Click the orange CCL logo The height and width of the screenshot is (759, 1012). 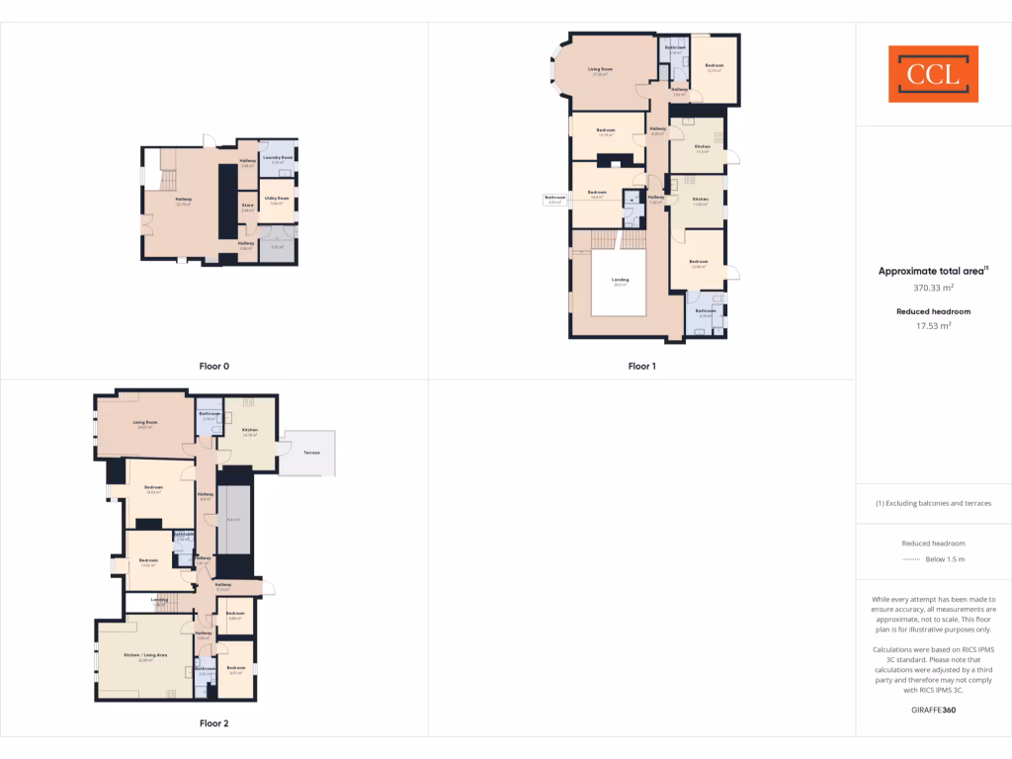tap(933, 74)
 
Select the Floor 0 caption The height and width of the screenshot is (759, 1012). tap(213, 367)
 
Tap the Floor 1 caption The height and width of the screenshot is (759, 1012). tap(641, 367)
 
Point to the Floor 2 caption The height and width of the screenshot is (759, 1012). tap(213, 723)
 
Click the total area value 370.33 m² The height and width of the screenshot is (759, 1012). tap(933, 288)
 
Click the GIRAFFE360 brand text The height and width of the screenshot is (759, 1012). tap(933, 710)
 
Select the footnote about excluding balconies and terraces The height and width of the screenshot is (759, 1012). tap(933, 503)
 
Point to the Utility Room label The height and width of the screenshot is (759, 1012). tap(277, 199)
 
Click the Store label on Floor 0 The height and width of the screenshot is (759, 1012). tap(248, 206)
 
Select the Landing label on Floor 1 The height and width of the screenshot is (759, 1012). tap(619, 280)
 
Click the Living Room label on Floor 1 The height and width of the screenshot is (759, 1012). tap(601, 69)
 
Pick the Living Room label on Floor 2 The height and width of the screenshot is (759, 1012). tap(145, 423)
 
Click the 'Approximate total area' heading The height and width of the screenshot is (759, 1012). tap(933, 271)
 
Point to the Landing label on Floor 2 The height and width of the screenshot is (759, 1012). tap(159, 599)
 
